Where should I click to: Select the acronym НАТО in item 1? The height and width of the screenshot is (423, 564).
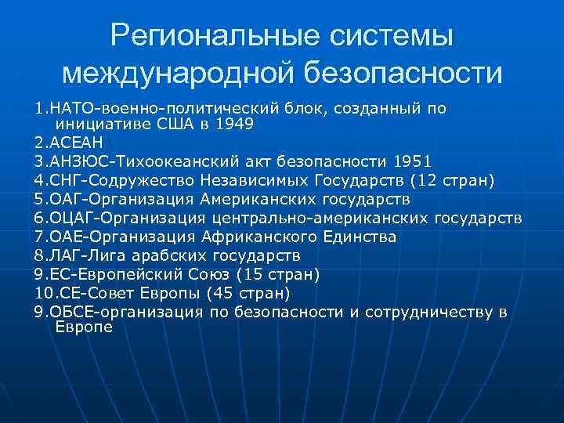coord(70,109)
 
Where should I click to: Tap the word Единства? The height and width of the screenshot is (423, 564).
coord(357,236)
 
